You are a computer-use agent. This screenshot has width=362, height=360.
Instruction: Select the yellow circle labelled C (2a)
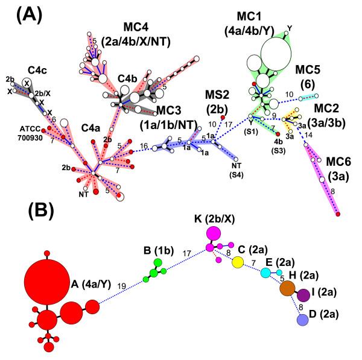tap(238, 262)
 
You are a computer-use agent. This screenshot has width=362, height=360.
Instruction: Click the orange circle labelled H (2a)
tap(287, 289)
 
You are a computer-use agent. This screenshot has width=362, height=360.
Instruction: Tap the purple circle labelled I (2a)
tap(303, 295)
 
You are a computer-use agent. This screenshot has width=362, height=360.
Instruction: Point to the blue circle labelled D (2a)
tap(303, 321)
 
